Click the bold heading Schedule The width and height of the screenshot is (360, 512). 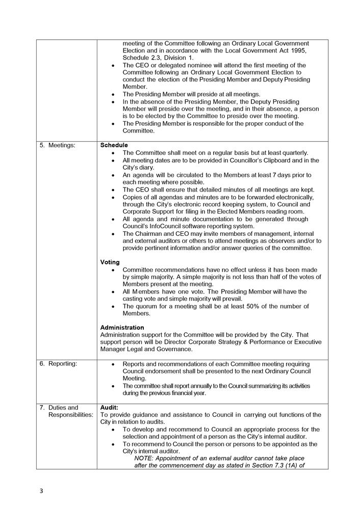(114, 145)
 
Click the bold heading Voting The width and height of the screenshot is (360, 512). (110, 262)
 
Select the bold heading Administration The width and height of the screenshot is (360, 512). (122, 328)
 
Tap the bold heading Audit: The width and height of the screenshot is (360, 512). (109, 408)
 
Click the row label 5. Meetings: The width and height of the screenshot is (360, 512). (58, 145)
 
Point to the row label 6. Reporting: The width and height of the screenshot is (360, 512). (59, 364)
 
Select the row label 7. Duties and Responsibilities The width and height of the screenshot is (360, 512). (67, 411)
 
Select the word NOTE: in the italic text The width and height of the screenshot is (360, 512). (144, 459)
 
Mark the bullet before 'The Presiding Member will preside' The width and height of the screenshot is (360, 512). (112, 94)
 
